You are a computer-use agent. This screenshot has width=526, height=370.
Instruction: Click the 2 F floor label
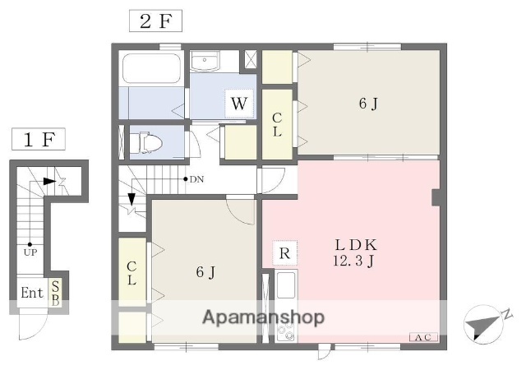pos(155,21)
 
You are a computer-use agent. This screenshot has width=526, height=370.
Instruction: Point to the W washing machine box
pos(239,104)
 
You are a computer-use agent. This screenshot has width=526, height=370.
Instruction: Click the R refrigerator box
pos(284,252)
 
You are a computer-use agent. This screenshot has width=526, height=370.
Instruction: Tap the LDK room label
pos(356,244)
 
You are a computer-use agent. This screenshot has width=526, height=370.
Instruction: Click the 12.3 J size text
pos(356,261)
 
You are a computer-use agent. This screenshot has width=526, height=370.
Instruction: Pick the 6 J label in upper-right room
pos(368,104)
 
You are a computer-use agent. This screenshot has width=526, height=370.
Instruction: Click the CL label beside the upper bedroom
pos(277,124)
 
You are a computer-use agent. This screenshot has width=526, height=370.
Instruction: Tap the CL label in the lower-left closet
pos(131,272)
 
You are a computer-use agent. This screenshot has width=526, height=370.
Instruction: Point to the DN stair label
pos(196,178)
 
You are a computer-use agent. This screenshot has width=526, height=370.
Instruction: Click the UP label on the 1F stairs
pos(30,252)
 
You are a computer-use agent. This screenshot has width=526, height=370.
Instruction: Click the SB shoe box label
pos(55,293)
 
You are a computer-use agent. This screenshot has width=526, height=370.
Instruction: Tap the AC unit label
pos(423,338)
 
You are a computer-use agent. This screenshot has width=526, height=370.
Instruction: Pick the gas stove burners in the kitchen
pos(287,333)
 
